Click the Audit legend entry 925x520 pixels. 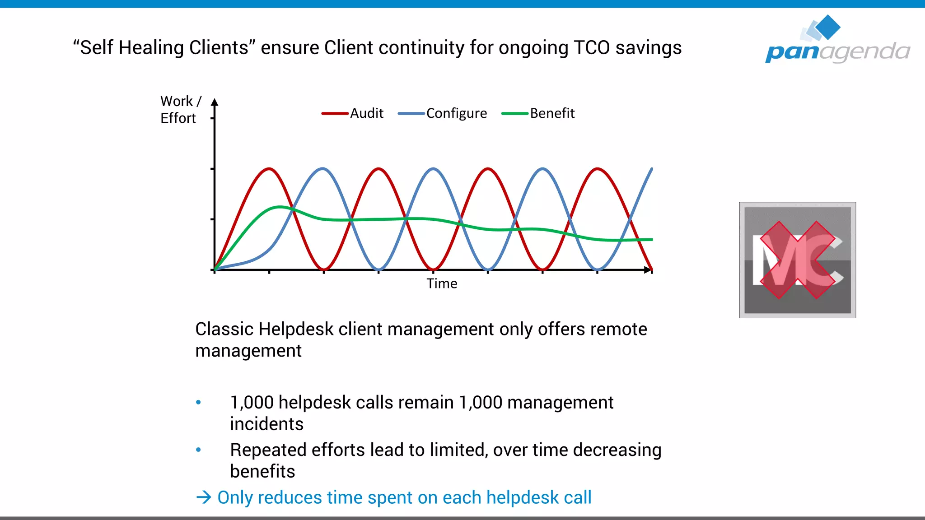click(353, 113)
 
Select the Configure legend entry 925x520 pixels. click(443, 113)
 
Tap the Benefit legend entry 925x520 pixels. click(538, 113)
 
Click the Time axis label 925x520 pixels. click(442, 283)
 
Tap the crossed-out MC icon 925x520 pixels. click(797, 260)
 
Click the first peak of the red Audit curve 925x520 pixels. click(269, 169)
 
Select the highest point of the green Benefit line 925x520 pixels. click(280, 207)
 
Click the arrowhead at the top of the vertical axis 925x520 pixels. click(215, 102)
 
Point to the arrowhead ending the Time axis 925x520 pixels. click(648, 270)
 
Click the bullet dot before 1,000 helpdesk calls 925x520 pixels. click(198, 402)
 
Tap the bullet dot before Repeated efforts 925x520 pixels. click(198, 450)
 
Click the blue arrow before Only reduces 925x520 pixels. click(204, 497)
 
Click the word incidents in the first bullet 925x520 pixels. click(266, 424)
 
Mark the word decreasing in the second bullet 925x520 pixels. click(617, 450)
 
